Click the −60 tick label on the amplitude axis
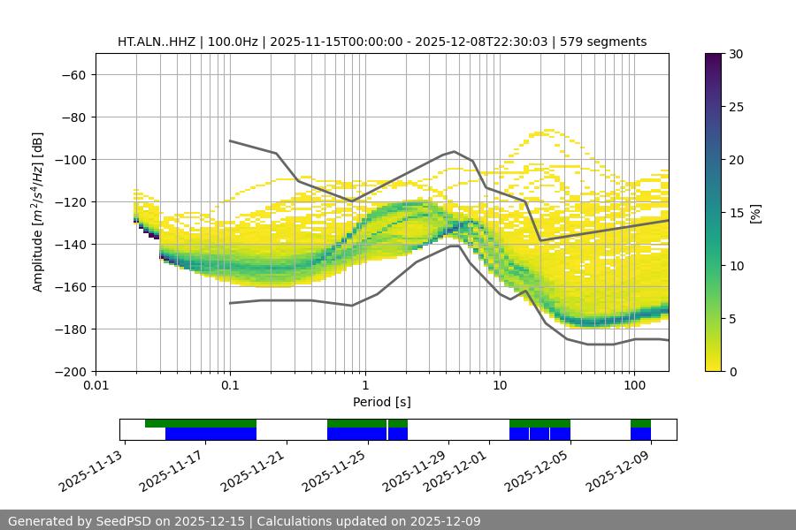pyautogui.click(x=73, y=74)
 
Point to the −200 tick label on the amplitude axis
pyautogui.click(x=69, y=371)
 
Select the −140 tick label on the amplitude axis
pyautogui.click(x=69, y=244)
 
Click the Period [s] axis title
pyautogui.click(x=381, y=402)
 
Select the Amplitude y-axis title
pyautogui.click(x=38, y=212)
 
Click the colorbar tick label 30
pyautogui.click(x=735, y=54)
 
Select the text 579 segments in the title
pyautogui.click(x=606, y=42)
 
